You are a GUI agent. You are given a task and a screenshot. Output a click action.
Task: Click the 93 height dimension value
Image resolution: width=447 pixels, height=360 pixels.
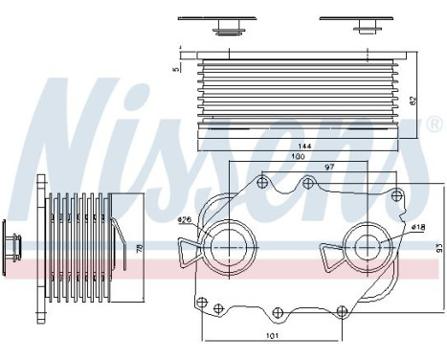point(427,247)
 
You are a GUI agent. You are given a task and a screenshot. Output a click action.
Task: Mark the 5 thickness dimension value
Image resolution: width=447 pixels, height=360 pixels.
point(176,67)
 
